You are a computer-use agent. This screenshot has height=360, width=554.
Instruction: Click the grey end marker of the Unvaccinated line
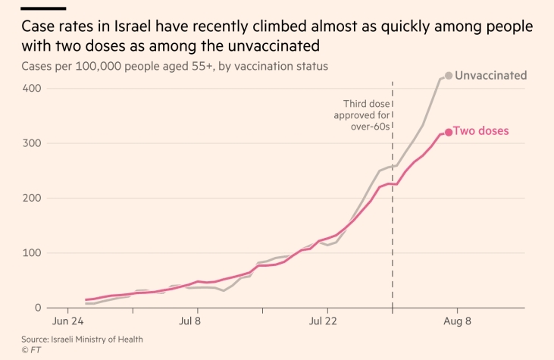(x=449, y=76)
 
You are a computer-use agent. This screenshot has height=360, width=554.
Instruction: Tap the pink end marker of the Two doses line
(x=449, y=132)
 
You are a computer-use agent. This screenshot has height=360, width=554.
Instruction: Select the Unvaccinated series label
(x=490, y=76)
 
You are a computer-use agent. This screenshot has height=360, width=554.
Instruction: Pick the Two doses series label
(x=480, y=131)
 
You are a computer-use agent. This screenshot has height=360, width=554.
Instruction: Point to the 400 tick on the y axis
(x=31, y=89)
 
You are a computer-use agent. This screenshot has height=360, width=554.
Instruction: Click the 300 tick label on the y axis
(x=31, y=143)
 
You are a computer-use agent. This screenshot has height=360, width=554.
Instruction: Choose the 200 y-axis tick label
(x=31, y=199)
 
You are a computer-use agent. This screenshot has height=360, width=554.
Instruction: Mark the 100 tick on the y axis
(x=31, y=253)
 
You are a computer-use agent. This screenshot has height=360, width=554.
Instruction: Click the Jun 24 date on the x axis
(x=68, y=321)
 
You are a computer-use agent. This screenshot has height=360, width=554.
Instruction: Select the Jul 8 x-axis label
(x=198, y=321)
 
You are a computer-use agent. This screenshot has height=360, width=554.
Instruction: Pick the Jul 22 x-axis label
(x=327, y=321)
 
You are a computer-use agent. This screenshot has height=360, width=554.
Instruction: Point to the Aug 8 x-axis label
(x=457, y=321)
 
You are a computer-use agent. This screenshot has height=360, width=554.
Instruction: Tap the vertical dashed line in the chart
(x=393, y=227)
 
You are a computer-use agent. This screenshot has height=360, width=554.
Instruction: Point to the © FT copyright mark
(x=30, y=350)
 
